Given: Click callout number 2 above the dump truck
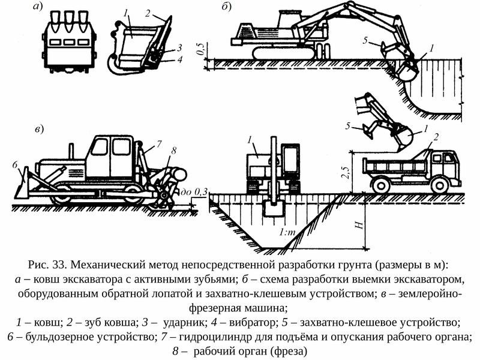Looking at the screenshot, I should pyautogui.click(x=436, y=137).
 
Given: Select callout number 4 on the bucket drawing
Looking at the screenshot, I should pyautogui.click(x=180, y=59).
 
